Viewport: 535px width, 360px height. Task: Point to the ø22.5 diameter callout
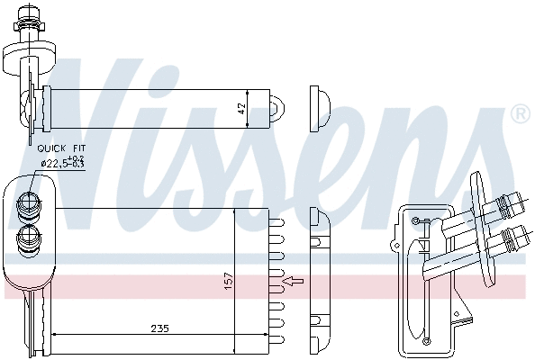(x=63, y=163)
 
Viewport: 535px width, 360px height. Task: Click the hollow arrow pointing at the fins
(x=294, y=283)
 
